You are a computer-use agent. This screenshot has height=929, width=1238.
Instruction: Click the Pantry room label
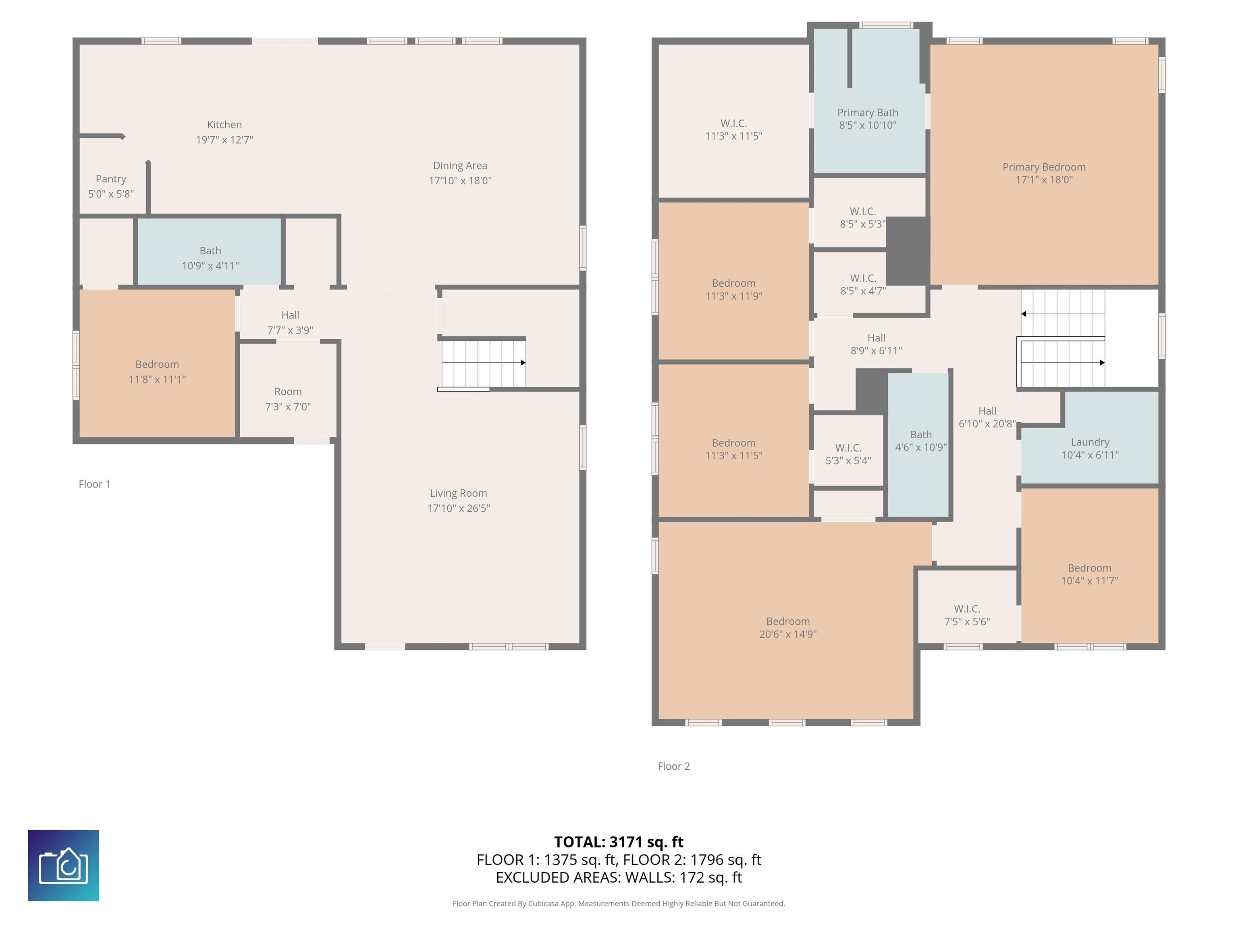point(111,179)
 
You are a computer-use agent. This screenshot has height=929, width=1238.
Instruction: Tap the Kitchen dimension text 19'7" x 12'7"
point(224,140)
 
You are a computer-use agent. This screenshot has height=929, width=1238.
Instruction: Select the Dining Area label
point(460,165)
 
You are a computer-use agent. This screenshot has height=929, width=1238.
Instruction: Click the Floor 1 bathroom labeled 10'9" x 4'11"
point(210,252)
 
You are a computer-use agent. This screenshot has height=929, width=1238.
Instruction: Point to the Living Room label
point(458,493)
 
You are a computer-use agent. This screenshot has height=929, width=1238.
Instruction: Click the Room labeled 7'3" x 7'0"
point(288,390)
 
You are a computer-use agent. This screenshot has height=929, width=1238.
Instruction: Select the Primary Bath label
point(868,112)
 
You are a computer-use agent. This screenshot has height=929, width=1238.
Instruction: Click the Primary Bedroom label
point(1044,167)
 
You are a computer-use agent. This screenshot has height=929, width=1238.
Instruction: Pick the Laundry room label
point(1090,442)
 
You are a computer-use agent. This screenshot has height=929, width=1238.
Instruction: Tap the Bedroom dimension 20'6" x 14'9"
point(788,634)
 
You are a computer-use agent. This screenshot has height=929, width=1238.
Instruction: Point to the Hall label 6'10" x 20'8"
point(987,417)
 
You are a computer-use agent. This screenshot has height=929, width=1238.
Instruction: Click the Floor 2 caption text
point(674,766)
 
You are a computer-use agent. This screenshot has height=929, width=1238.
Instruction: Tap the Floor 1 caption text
point(95,484)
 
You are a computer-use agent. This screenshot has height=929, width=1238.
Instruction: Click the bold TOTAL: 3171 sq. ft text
point(619,842)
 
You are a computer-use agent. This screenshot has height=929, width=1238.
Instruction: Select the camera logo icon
point(63,865)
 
